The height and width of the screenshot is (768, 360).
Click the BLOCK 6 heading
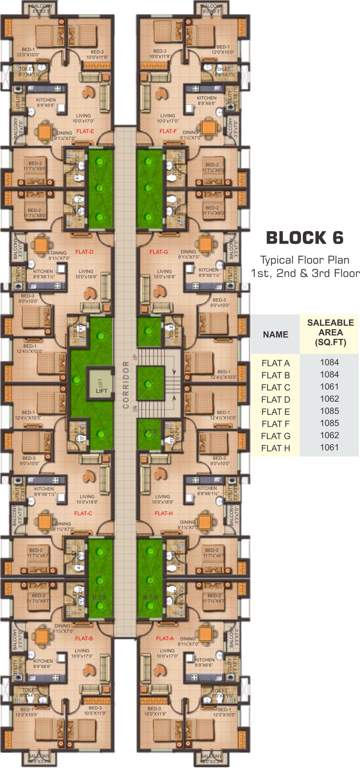click(x=303, y=238)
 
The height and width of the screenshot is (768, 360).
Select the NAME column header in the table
click(x=275, y=335)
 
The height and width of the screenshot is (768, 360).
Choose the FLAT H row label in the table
click(x=275, y=447)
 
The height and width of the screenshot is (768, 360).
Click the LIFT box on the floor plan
click(x=100, y=382)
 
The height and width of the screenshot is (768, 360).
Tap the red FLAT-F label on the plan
click(x=167, y=131)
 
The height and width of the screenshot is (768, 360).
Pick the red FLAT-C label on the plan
click(x=84, y=514)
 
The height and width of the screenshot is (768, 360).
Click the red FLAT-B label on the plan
click(x=84, y=637)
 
